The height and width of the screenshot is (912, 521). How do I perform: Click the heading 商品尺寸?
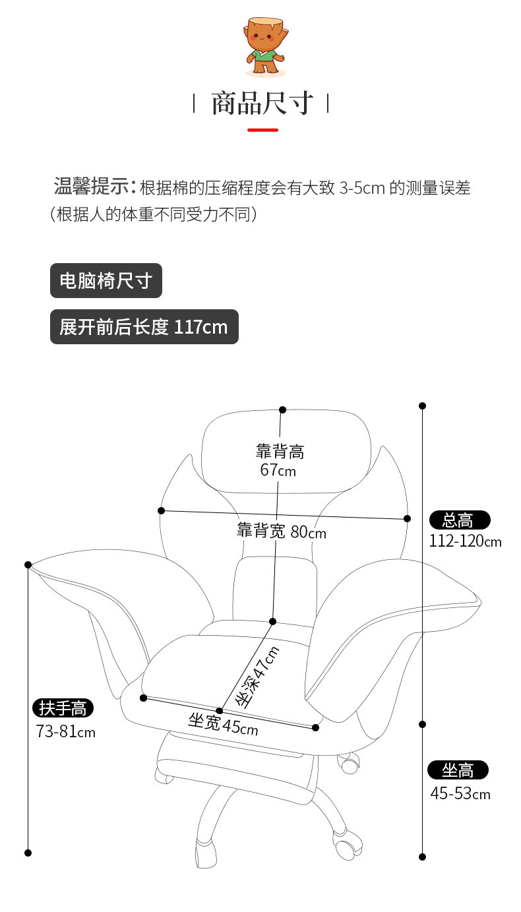click(261, 104)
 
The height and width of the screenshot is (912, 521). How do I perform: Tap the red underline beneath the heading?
click(262, 130)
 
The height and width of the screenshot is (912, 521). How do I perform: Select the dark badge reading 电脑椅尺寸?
click(106, 282)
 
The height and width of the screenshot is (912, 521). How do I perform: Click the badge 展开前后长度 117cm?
click(144, 327)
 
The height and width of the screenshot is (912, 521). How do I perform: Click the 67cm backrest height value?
click(278, 471)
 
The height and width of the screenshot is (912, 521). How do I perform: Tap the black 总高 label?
click(460, 520)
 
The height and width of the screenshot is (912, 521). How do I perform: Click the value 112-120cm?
click(465, 542)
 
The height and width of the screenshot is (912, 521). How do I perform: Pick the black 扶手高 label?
click(63, 709)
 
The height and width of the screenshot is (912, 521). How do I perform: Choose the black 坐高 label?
click(458, 770)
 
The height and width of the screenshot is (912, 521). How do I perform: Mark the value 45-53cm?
click(460, 793)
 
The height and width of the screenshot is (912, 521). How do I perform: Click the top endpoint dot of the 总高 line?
click(423, 406)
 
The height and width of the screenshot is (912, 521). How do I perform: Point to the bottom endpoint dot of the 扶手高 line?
click(28, 853)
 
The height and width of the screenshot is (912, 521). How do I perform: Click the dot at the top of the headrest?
click(282, 410)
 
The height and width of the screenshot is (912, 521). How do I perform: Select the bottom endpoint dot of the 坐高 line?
click(423, 857)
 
